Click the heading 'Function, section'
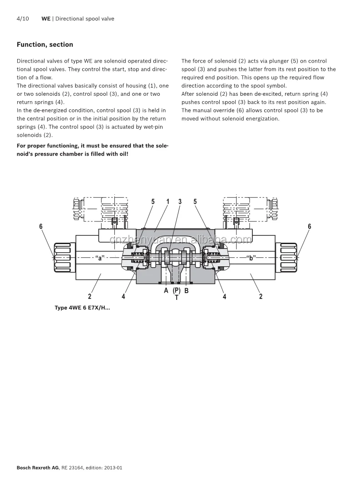(44, 44)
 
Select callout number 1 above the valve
(168, 201)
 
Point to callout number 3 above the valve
(180, 201)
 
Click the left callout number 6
(41, 226)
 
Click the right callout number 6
(310, 226)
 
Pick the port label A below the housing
(166, 290)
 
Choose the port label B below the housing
(186, 290)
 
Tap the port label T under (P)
(177, 298)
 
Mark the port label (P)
(177, 290)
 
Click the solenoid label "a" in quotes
(100, 258)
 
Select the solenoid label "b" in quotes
(251, 258)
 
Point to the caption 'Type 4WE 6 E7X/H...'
(82, 308)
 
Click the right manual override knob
(289, 258)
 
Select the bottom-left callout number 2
(90, 297)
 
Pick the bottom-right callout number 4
(224, 297)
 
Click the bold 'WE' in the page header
(46, 19)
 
